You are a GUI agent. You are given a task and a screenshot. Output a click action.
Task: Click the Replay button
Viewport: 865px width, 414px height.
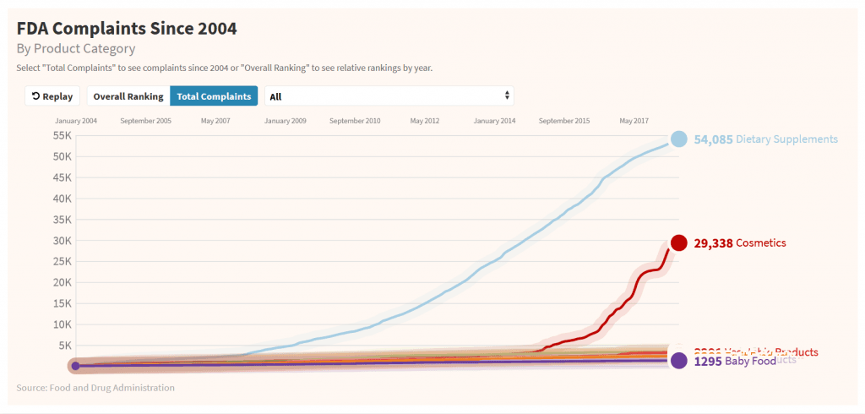(52, 96)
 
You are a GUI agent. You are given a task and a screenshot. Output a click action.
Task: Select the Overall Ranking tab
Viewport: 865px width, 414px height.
(128, 96)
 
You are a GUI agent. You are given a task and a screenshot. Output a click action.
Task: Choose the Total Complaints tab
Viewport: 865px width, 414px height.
(214, 96)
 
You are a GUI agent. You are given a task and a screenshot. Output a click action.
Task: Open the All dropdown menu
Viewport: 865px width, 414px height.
(389, 96)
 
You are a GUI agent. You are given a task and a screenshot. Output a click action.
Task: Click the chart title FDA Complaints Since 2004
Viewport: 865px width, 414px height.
(127, 28)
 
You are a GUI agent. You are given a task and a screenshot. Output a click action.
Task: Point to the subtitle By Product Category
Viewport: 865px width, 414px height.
(76, 48)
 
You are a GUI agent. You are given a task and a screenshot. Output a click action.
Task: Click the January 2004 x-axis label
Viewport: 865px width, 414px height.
(77, 121)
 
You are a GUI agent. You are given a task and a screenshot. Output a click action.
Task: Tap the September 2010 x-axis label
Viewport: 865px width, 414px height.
(355, 121)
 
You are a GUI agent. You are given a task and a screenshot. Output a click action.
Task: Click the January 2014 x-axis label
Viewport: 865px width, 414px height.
(495, 121)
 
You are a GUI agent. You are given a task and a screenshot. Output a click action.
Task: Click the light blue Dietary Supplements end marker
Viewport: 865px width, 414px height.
(678, 139)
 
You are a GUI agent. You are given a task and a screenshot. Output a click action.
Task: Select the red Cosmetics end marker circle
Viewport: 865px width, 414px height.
(678, 243)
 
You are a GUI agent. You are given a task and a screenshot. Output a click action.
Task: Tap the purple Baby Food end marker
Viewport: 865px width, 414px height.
(678, 361)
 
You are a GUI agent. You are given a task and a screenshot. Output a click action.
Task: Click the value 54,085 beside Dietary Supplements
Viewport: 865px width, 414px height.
(713, 139)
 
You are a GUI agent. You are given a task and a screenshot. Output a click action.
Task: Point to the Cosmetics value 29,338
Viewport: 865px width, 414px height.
(713, 243)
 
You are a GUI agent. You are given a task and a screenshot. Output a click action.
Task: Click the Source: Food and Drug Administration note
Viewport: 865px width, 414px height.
(95, 388)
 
